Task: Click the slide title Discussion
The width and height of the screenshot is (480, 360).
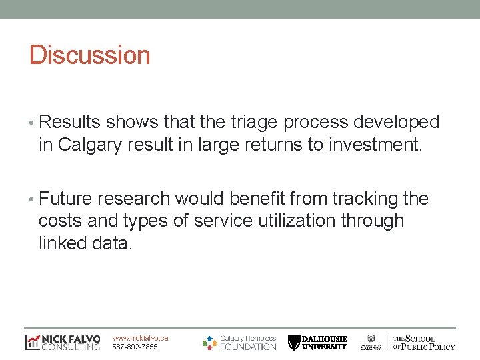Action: coord(89,55)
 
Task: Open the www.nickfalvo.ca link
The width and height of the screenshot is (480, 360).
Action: coord(140,338)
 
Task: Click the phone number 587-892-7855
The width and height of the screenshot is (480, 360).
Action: coord(135,347)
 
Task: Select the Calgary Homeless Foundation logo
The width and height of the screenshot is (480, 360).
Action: coord(239,342)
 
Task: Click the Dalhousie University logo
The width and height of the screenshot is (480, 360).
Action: coord(317,343)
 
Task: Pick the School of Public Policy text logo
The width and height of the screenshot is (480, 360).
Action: coord(423,343)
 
